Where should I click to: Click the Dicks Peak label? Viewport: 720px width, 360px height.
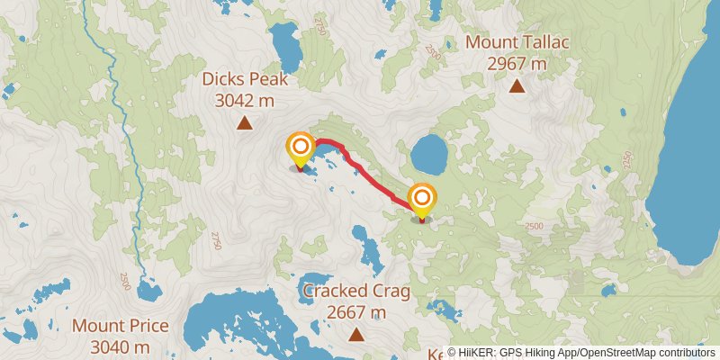click(244, 79)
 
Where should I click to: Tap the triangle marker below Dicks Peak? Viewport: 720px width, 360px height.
click(244, 123)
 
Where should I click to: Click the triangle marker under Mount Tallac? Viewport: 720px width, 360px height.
click(517, 86)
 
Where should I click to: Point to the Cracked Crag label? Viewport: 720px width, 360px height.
click(356, 291)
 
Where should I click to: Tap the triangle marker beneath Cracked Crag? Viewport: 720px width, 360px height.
click(356, 335)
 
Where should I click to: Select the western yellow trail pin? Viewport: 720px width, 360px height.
click(300, 148)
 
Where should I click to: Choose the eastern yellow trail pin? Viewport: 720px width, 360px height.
click(421, 200)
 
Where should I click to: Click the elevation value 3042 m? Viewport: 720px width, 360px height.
click(244, 101)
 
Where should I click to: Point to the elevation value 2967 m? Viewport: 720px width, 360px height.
click(517, 64)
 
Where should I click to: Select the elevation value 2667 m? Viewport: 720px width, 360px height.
click(356, 312)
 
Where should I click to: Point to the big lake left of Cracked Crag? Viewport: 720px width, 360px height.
click(243, 324)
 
